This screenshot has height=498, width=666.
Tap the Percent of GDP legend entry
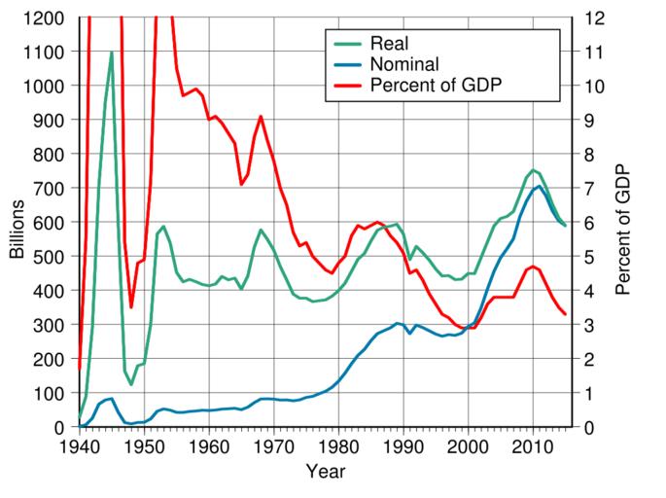pyautogui.click(x=434, y=87)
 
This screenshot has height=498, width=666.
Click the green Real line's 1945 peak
pyautogui.click(x=112, y=53)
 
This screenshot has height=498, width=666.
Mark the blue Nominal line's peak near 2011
pyautogui.click(x=540, y=186)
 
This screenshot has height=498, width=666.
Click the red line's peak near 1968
pyautogui.click(x=261, y=117)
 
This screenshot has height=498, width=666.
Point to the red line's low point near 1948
pyautogui.click(x=131, y=307)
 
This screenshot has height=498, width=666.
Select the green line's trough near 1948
pyautogui.click(x=131, y=384)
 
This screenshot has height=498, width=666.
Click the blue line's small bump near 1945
pyautogui.click(x=112, y=398)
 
